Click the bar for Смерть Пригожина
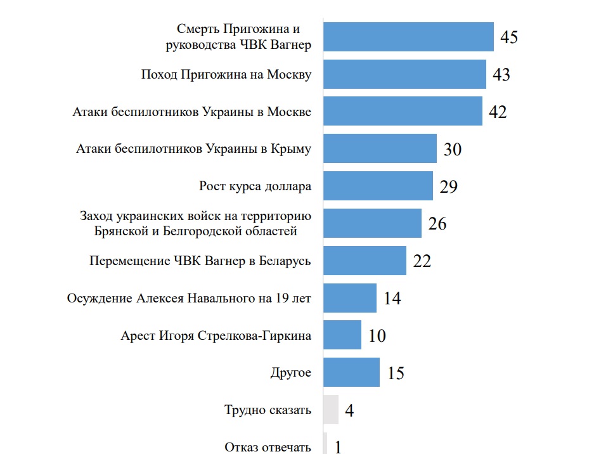coord(408,37)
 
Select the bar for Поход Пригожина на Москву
coord(404,74)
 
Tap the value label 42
coord(498,112)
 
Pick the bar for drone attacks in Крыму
coord(380,149)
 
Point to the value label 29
coord(448,186)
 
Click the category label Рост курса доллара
coord(255,186)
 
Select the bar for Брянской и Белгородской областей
coord(372,223)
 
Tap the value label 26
coord(437,224)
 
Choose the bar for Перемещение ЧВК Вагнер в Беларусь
coord(365,261)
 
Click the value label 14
coord(392,298)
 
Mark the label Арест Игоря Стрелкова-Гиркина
coord(216,335)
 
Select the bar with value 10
coord(342,335)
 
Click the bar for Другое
coord(351,372)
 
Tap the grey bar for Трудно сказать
coord(330,410)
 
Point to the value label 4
coord(349,410)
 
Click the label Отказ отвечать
coord(268,447)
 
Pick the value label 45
coord(509,37)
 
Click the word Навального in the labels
coord(226,298)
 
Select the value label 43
coord(501,75)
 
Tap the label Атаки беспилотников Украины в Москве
coord(192,112)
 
